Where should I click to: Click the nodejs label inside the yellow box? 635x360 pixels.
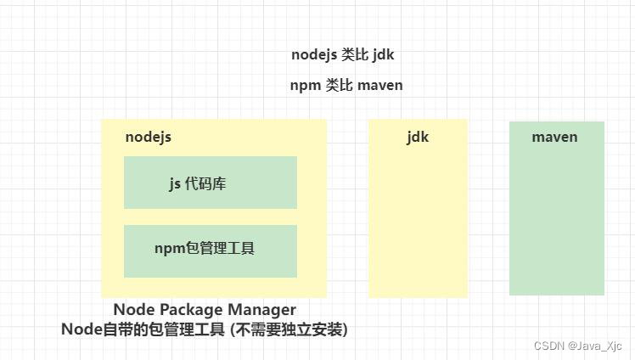click(148, 137)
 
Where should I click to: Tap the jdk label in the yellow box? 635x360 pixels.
click(418, 137)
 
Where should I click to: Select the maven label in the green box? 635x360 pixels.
click(554, 137)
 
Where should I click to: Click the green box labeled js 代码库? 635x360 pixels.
click(210, 183)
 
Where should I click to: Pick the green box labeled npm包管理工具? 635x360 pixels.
click(210, 250)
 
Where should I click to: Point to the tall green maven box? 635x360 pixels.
click(556, 221)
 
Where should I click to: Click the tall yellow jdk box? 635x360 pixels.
click(418, 221)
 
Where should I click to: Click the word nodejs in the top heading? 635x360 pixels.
click(314, 55)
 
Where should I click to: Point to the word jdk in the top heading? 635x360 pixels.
click(383, 55)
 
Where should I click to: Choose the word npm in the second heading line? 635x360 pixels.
click(305, 85)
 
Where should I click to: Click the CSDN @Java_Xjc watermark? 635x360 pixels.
click(577, 346)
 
